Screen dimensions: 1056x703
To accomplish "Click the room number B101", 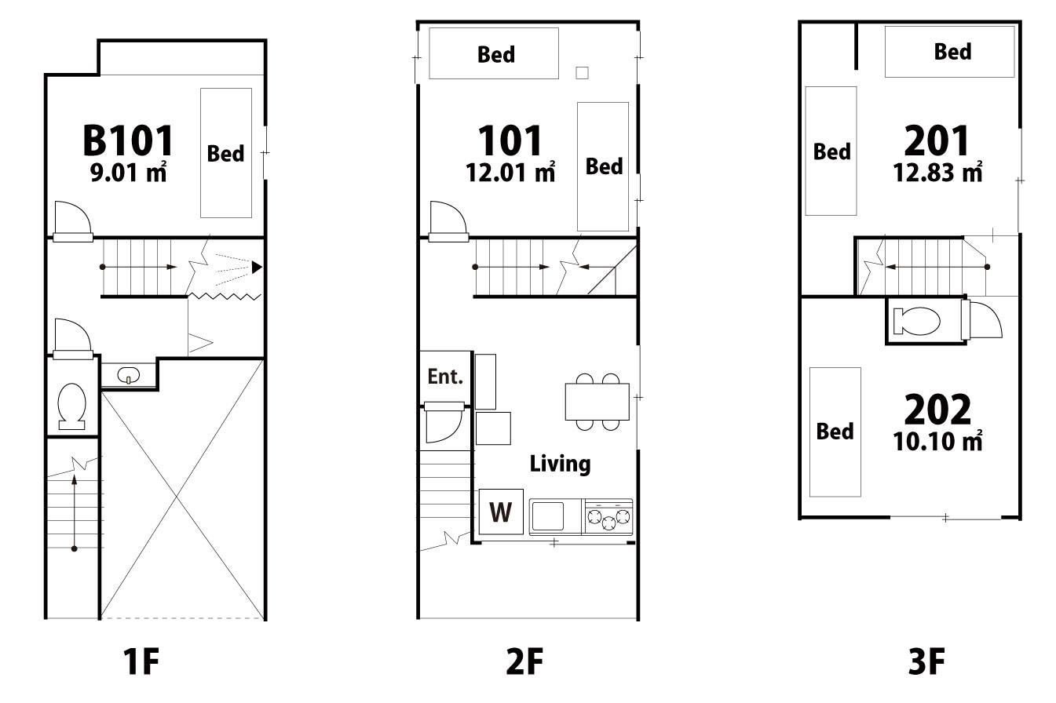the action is [128, 140].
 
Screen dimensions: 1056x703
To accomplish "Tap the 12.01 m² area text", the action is [510, 172].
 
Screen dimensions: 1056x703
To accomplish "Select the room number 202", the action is [937, 409].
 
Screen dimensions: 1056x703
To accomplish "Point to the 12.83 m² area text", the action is [937, 172].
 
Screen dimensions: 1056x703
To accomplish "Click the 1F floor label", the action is [141, 661].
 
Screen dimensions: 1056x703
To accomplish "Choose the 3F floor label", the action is [926, 661].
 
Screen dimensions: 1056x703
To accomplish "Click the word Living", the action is [560, 464].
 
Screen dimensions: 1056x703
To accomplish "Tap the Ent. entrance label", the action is [445, 377].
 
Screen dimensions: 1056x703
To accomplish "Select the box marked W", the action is [501, 512].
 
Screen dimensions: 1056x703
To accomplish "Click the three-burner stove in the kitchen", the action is [608, 517].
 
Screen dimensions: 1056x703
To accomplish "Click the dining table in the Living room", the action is [597, 402].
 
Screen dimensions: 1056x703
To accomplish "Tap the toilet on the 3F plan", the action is [916, 321].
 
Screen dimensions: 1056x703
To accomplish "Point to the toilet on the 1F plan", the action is [72, 406].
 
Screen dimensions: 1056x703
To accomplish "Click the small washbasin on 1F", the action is [129, 376].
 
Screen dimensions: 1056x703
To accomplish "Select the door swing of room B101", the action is [72, 220].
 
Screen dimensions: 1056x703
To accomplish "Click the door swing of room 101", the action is [448, 220].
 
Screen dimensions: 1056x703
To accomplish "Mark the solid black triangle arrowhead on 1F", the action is [257, 268].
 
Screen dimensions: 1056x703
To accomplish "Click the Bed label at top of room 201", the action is [953, 51].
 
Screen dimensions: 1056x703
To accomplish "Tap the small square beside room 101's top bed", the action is [583, 73].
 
